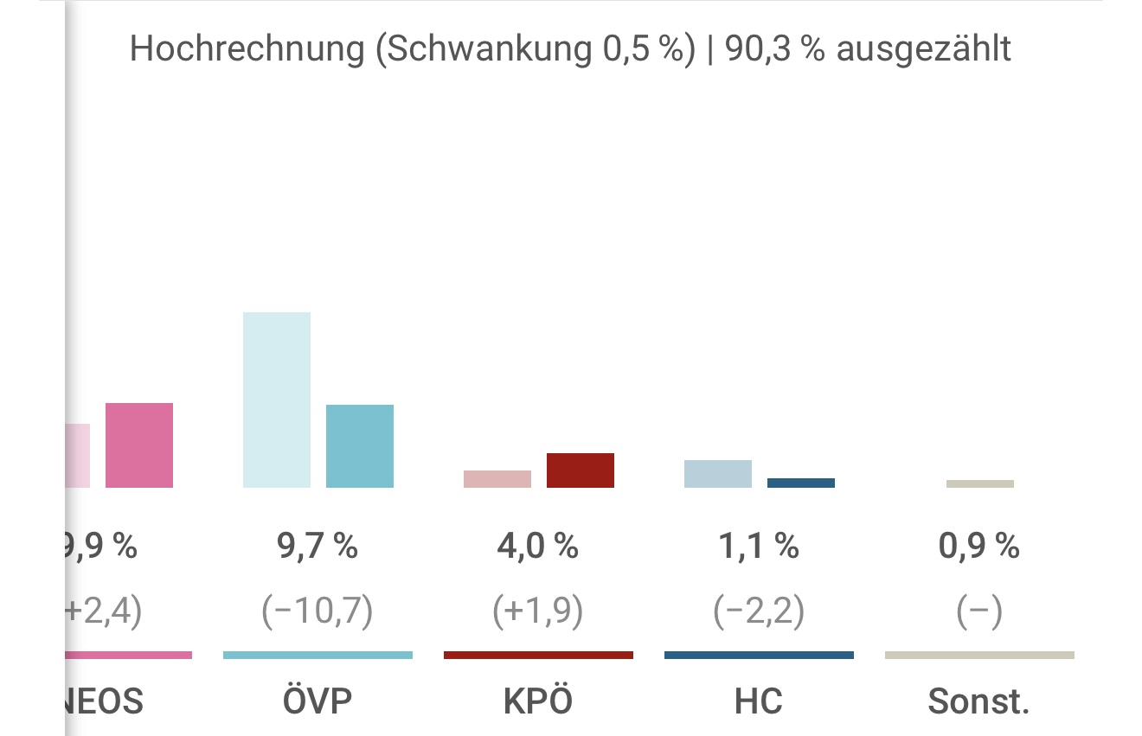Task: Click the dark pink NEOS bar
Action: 139,445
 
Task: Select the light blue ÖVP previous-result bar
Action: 277,400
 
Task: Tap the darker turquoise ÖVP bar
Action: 360,446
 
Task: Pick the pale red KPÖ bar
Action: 497,479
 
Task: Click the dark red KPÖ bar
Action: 581,470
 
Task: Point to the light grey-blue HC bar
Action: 718,474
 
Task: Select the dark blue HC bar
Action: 801,483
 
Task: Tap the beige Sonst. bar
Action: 980,484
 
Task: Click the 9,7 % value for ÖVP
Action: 318,547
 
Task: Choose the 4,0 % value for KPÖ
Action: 538,547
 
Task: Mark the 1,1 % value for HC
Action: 759,547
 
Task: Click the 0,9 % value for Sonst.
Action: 979,547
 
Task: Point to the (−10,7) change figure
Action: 318,612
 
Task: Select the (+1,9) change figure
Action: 538,612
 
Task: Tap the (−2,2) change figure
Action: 759,612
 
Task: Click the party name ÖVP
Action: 318,701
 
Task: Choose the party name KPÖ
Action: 538,701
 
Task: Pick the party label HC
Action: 759,701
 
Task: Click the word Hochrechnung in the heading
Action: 247,49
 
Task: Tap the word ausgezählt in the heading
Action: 923,49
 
